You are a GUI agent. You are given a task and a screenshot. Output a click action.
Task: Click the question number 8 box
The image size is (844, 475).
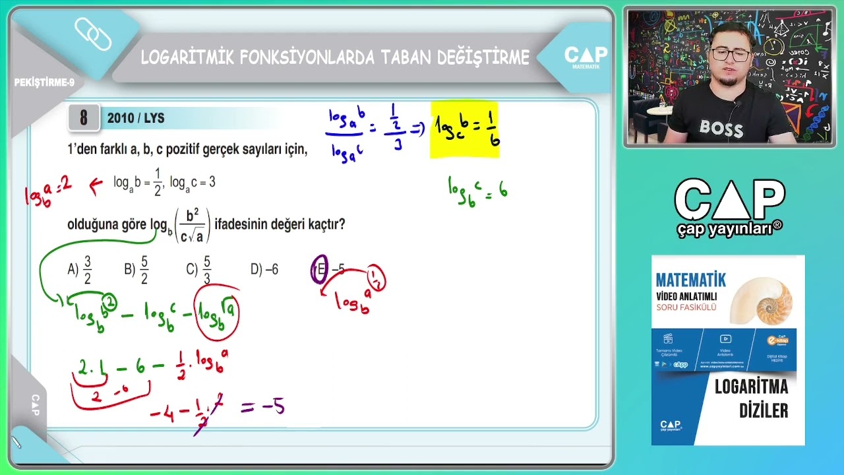84,118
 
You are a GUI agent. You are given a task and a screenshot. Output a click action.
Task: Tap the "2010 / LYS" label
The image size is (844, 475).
136,119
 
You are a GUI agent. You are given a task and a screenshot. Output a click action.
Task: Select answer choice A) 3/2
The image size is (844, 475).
80,269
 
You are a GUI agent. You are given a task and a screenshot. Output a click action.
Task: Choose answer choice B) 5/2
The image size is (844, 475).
136,269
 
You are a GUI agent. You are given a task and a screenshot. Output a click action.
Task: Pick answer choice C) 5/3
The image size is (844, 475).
199,269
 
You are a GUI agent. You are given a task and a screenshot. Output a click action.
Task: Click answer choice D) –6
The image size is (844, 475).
264,269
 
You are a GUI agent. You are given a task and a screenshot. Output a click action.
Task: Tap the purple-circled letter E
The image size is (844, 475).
320,270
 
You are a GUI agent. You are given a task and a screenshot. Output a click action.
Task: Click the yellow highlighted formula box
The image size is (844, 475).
465,131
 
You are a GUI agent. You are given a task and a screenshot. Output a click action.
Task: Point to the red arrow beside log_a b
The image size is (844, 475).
96,185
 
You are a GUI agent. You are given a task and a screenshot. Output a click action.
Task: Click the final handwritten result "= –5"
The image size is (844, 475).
264,406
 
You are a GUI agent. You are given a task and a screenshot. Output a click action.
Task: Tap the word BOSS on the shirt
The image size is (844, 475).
721,128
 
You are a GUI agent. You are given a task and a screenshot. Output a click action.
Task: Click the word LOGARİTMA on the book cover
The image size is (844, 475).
752,387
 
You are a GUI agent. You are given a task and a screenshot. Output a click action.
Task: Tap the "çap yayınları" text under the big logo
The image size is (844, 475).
729,229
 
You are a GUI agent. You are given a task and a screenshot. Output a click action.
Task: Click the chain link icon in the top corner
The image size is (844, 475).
93,34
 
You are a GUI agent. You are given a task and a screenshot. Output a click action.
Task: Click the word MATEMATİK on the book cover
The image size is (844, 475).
691,279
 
